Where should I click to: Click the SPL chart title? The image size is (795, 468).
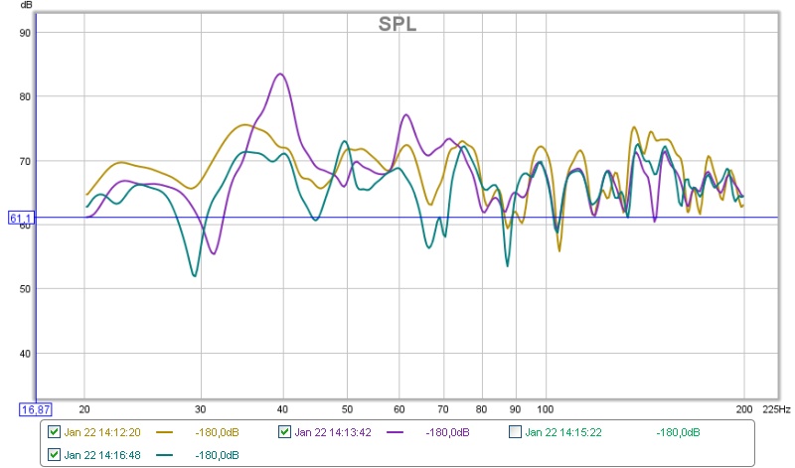pos(397,24)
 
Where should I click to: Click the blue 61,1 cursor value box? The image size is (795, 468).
pos(22,218)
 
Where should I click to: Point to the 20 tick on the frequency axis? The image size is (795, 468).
pos(84,408)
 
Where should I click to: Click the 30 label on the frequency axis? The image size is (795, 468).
pos(201,408)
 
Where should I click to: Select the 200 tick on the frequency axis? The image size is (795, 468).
pos(743,408)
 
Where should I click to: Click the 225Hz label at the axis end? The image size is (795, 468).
pos(777,408)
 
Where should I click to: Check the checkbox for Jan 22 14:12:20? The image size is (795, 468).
pos(54,432)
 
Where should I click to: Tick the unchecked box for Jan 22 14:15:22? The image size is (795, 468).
pos(515,432)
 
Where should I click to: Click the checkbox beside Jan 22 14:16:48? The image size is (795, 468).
pos(54,454)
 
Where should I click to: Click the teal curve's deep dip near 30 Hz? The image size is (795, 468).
pos(194,275)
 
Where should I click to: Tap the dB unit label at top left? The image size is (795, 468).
pos(26,7)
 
